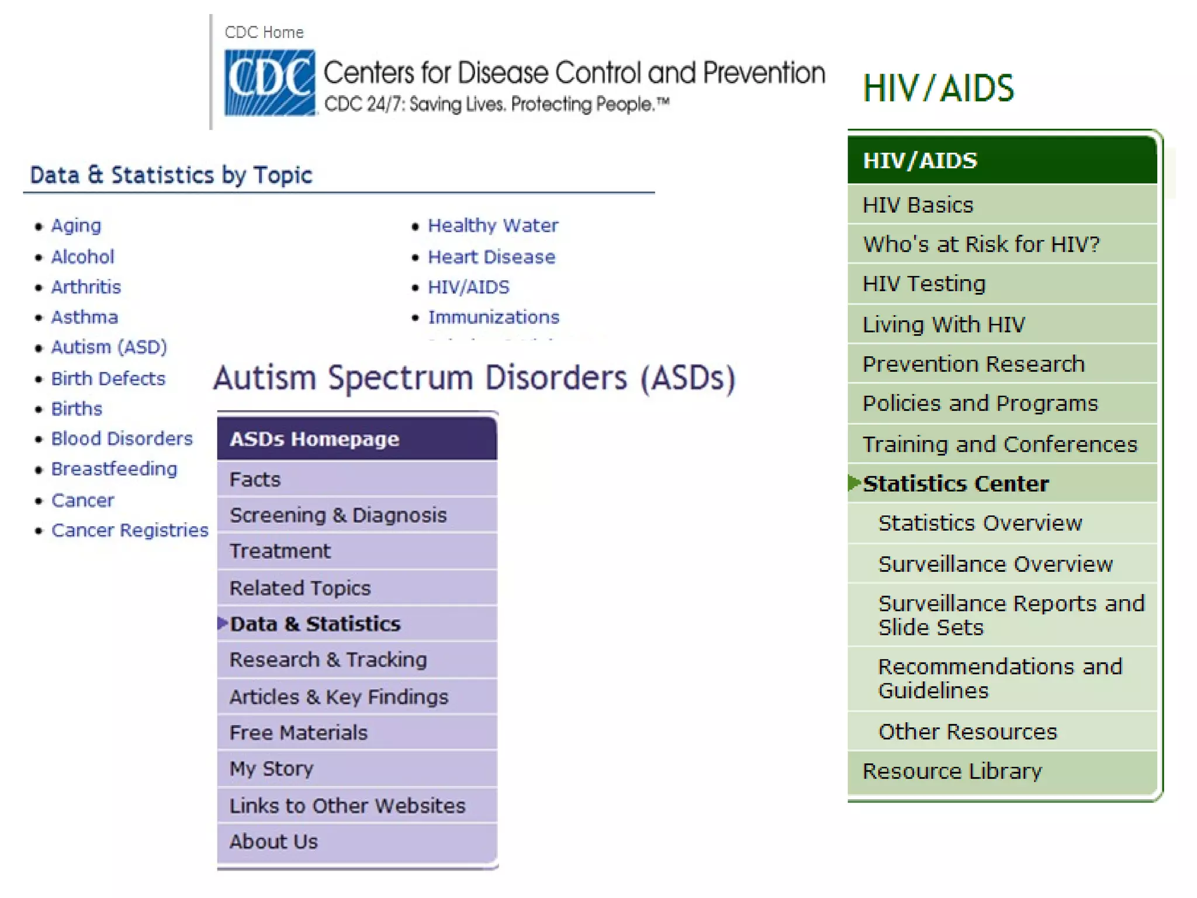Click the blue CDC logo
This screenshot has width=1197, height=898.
point(269,82)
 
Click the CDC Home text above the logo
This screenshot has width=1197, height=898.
point(264,33)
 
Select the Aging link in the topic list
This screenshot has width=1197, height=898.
point(76,226)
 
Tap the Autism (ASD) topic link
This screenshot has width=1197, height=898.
point(109,347)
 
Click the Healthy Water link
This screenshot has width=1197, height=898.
point(493,226)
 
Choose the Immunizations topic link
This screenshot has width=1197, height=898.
point(493,317)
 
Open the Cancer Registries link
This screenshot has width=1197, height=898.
point(130,530)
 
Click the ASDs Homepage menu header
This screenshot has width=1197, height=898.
point(314,439)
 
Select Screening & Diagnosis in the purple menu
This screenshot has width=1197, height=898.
point(338,515)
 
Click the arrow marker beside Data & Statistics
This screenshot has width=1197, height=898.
point(223,623)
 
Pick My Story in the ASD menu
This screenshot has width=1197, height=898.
point(271,768)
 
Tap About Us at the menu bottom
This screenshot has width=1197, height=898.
point(274,841)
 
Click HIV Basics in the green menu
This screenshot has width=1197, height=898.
point(918,205)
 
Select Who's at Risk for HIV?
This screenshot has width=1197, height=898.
point(981,244)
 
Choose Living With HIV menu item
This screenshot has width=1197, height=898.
point(943,324)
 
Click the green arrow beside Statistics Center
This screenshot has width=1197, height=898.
point(854,483)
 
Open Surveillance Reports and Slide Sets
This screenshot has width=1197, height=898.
point(1011,615)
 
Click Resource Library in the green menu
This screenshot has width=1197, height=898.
point(952,771)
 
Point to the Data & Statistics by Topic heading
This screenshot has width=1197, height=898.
point(171,175)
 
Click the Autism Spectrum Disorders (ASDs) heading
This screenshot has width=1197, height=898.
point(474,378)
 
